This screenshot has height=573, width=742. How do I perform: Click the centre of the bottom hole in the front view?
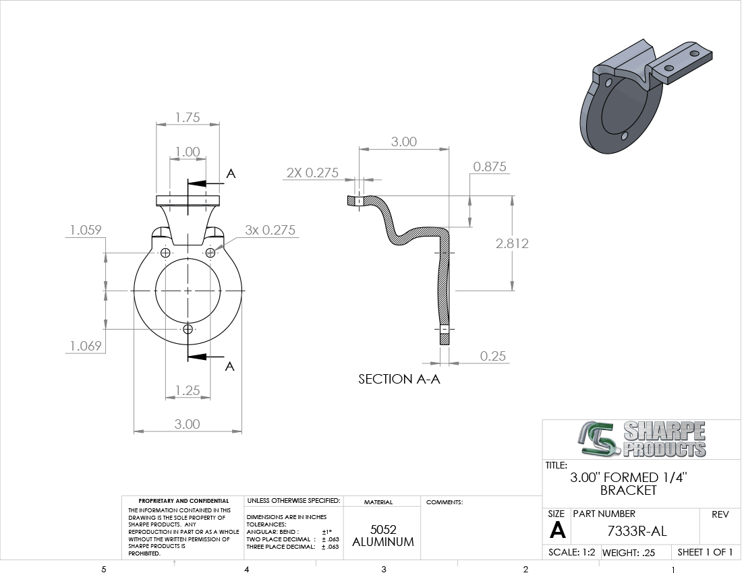click(188, 328)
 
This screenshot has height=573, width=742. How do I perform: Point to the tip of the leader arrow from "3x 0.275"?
click(213, 251)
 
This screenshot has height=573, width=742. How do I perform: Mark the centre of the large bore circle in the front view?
click(188, 291)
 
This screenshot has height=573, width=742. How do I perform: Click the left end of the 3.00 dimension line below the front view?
click(134, 431)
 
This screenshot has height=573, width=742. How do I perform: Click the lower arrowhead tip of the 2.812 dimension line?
click(512, 291)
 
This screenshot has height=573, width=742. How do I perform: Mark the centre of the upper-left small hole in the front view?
click(165, 253)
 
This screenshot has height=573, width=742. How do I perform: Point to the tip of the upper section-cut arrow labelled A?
click(188, 183)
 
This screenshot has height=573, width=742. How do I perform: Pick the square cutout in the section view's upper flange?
click(358, 201)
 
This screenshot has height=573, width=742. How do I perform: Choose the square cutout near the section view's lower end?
click(444, 329)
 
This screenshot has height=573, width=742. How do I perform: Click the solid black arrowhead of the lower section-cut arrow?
click(197, 357)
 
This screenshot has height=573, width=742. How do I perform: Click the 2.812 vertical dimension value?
click(512, 243)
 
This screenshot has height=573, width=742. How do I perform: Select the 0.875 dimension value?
click(490, 167)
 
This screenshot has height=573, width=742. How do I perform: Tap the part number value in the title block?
click(637, 531)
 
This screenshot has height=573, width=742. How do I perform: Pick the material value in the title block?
click(383, 536)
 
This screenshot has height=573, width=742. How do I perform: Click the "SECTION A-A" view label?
click(399, 379)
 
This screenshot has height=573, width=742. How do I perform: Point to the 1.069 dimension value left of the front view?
click(86, 346)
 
